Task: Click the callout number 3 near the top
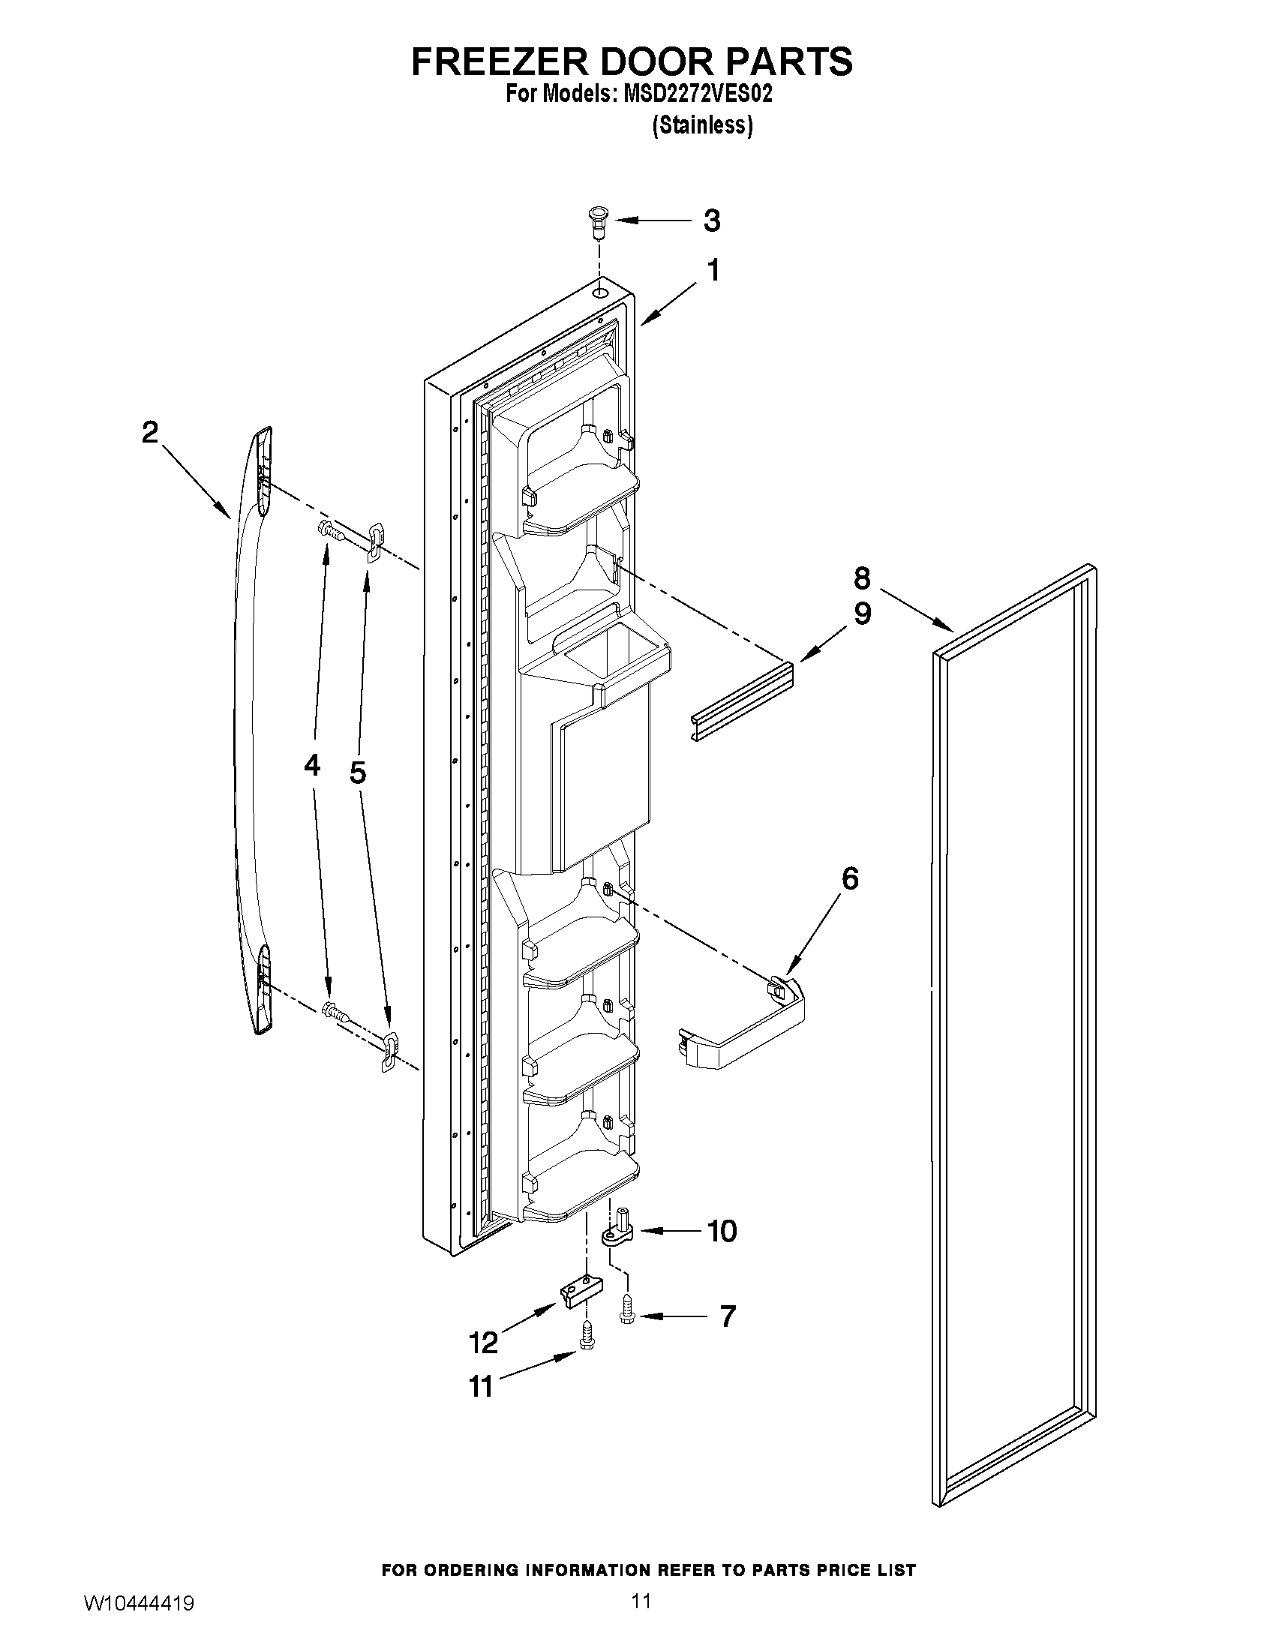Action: (711, 221)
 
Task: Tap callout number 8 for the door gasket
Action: (862, 578)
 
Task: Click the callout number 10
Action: (722, 1232)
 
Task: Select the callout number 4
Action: (312, 766)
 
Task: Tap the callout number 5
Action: (358, 772)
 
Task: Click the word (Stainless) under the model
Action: (702, 125)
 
